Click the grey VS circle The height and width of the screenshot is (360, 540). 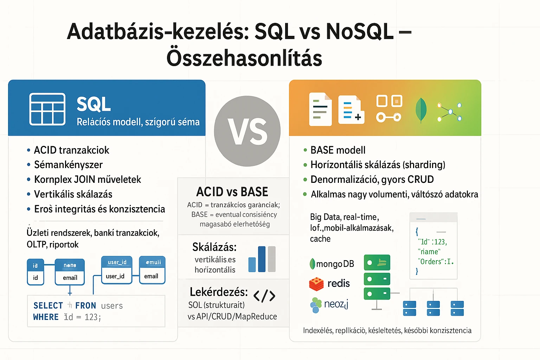coord(247,131)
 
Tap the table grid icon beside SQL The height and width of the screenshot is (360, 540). coord(47,109)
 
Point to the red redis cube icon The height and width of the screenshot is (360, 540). coord(316,284)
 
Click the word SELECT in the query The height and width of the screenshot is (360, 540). coord(48,306)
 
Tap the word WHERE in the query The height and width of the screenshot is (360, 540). coord(46,317)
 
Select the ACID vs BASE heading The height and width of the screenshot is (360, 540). coord(232,192)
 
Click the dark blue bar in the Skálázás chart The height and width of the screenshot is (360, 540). coord(262,259)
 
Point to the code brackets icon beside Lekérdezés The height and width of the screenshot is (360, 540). coord(264,296)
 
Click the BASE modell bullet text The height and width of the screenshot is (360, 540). coord(338,150)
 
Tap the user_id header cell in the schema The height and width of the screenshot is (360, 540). coord(117,262)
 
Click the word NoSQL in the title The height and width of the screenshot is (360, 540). coord(359,32)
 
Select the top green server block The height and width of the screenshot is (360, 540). coord(377,263)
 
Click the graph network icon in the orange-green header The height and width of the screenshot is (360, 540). coord(450,112)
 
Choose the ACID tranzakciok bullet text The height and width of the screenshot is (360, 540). coord(71,150)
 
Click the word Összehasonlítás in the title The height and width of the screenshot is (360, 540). coord(244,58)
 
